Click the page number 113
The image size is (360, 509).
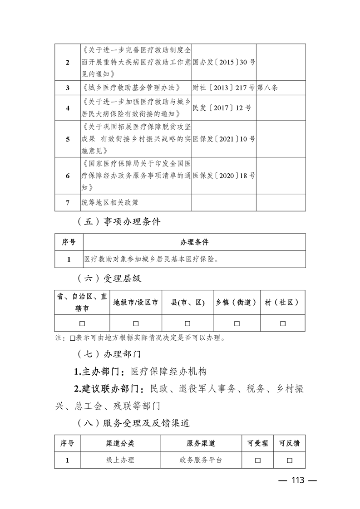point(297,481)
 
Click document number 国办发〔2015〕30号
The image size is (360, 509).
point(224,62)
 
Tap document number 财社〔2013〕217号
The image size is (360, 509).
point(224,88)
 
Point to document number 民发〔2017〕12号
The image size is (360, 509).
point(222,108)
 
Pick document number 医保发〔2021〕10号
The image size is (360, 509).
point(224,139)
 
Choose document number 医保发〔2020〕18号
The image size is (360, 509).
point(224,175)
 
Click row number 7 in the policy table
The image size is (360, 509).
point(68,202)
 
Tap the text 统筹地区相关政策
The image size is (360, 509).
point(110,202)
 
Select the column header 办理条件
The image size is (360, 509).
point(194,242)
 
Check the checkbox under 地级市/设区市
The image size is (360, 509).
point(136,323)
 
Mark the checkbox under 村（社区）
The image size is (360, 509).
point(282,323)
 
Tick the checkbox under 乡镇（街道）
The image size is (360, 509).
point(237,323)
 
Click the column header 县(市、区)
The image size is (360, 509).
point(187,302)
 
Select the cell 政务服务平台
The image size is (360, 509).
point(201,460)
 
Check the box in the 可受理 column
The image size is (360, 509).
point(257,460)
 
